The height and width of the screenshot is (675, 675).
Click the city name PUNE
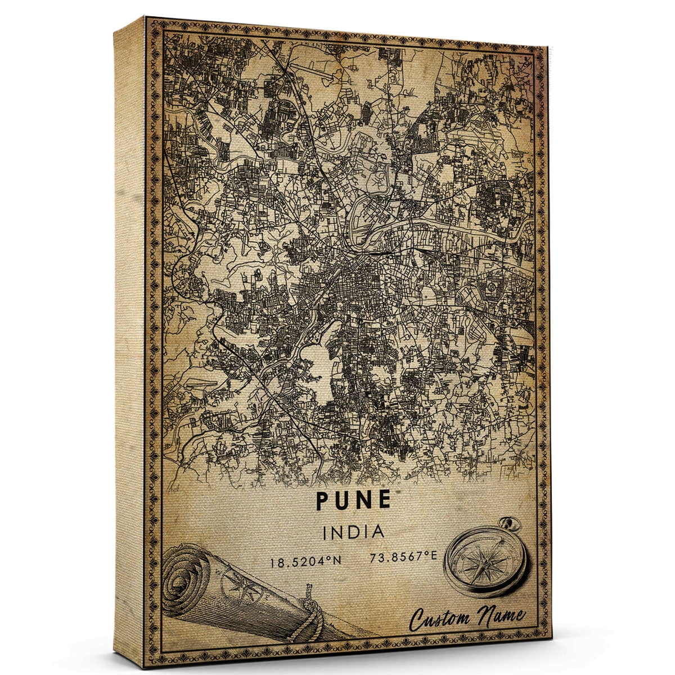pos(353,499)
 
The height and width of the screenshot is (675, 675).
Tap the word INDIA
pos(353,532)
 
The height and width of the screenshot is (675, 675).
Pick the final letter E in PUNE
pos(384,499)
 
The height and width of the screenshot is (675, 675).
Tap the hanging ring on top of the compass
pos(513,524)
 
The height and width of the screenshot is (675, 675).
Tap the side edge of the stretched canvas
pos(129,337)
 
